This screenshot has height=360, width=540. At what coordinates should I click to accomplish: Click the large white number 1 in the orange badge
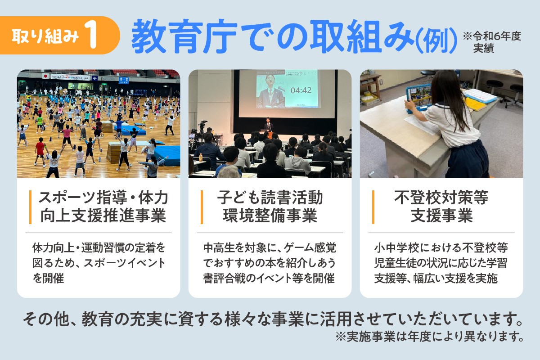(x=92, y=35)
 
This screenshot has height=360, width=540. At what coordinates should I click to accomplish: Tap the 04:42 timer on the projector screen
(x=301, y=90)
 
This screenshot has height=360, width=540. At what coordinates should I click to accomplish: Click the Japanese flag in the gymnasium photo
(x=45, y=76)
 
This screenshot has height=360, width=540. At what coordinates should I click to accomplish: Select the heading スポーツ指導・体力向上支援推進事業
(x=103, y=207)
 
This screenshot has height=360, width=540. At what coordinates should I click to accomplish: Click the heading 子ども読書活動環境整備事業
(x=270, y=207)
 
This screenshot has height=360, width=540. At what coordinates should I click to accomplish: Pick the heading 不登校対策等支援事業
(x=441, y=207)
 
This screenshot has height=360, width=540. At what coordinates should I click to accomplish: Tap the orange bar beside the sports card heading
(x=31, y=207)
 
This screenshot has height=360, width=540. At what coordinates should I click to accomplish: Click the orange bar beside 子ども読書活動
(x=202, y=207)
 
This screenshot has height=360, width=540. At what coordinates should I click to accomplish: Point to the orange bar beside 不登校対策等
(x=373, y=207)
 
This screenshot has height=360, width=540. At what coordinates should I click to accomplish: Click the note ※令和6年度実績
(x=492, y=42)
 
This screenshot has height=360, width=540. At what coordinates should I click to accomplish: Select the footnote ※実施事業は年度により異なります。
(x=430, y=337)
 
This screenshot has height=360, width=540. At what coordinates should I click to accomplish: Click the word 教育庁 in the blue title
(x=184, y=36)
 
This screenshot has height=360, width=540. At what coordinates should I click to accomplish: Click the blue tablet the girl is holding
(x=418, y=99)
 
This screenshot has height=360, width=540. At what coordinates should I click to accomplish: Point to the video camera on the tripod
(x=202, y=125)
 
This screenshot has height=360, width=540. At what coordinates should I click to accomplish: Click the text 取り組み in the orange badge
(x=45, y=36)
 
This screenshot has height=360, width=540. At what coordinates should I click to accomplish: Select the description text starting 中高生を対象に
(x=270, y=263)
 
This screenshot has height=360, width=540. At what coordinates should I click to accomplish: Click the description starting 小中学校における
(x=441, y=263)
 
